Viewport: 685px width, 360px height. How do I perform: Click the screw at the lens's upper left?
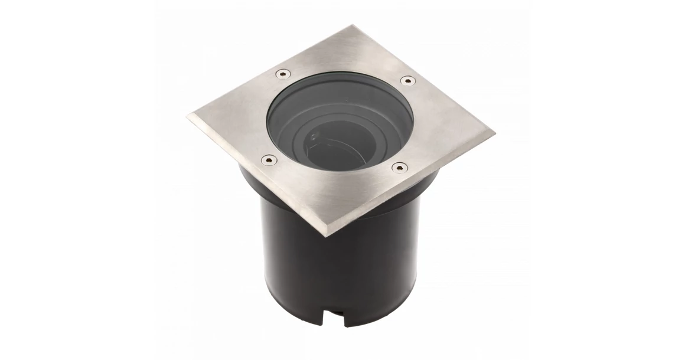tap(283, 74)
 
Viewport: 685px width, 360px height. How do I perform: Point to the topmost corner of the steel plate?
tap(352, 26)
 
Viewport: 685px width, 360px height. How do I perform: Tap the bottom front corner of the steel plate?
tap(327, 236)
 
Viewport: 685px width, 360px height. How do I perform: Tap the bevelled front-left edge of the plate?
tap(254, 177)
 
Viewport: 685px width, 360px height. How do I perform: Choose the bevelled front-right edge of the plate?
tap(413, 186)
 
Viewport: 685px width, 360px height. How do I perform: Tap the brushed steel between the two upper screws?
tap(345, 65)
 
